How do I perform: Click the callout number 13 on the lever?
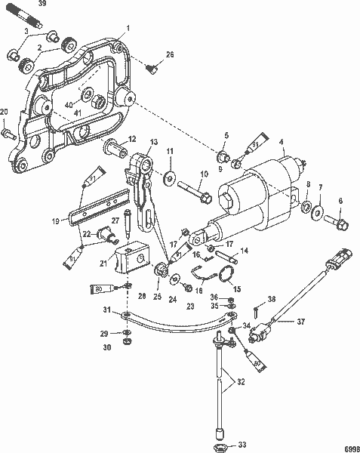(x=153, y=142)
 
